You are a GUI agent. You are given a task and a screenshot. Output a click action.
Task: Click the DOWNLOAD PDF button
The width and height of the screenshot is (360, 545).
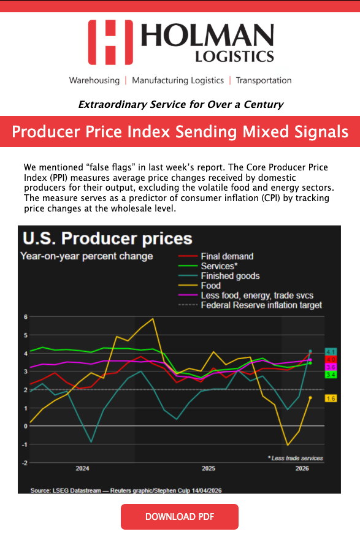tap(180, 517)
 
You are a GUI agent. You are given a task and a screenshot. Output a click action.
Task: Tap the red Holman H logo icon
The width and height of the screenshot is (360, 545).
tap(110, 42)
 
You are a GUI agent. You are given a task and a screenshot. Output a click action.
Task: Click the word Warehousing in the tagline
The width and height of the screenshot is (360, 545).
tap(94, 80)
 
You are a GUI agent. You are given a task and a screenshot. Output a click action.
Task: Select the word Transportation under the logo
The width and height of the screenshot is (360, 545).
tap(264, 80)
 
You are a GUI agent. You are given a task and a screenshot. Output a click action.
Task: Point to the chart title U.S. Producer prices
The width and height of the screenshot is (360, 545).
tap(107, 238)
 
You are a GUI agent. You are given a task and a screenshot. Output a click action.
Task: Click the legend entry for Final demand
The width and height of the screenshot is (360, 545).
tap(216, 256)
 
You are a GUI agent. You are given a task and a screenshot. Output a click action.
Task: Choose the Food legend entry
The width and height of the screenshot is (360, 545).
tap(199, 286)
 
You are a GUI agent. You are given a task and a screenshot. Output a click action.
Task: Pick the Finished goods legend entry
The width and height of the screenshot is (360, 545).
tap(219, 276)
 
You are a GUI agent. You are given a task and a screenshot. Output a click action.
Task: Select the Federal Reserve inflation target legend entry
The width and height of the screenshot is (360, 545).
tap(250, 305)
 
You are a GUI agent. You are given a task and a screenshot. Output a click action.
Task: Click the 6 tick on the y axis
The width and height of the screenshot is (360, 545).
tap(25, 317)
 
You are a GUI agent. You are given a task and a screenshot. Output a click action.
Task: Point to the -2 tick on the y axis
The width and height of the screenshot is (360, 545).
tap(25, 463)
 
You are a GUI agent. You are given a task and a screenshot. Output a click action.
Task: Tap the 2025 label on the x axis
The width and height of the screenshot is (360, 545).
tap(209, 468)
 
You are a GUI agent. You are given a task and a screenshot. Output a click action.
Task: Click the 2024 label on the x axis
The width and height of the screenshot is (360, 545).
tap(82, 468)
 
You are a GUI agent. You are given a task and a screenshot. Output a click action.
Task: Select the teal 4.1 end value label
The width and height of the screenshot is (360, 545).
tap(331, 352)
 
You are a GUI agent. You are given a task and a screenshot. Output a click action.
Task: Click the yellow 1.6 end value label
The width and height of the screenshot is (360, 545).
tap(331, 398)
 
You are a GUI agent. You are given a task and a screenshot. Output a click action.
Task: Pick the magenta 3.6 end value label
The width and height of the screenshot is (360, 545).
tap(331, 367)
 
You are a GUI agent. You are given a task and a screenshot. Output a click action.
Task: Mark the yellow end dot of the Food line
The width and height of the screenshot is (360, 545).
tap(310, 398)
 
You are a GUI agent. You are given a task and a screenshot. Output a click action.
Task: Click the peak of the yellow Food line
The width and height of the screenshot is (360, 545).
tap(152, 319)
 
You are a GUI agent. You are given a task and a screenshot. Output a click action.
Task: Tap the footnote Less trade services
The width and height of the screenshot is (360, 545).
tap(296, 458)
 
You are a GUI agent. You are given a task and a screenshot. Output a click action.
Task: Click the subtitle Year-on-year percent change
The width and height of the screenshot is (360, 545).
tap(86, 256)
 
